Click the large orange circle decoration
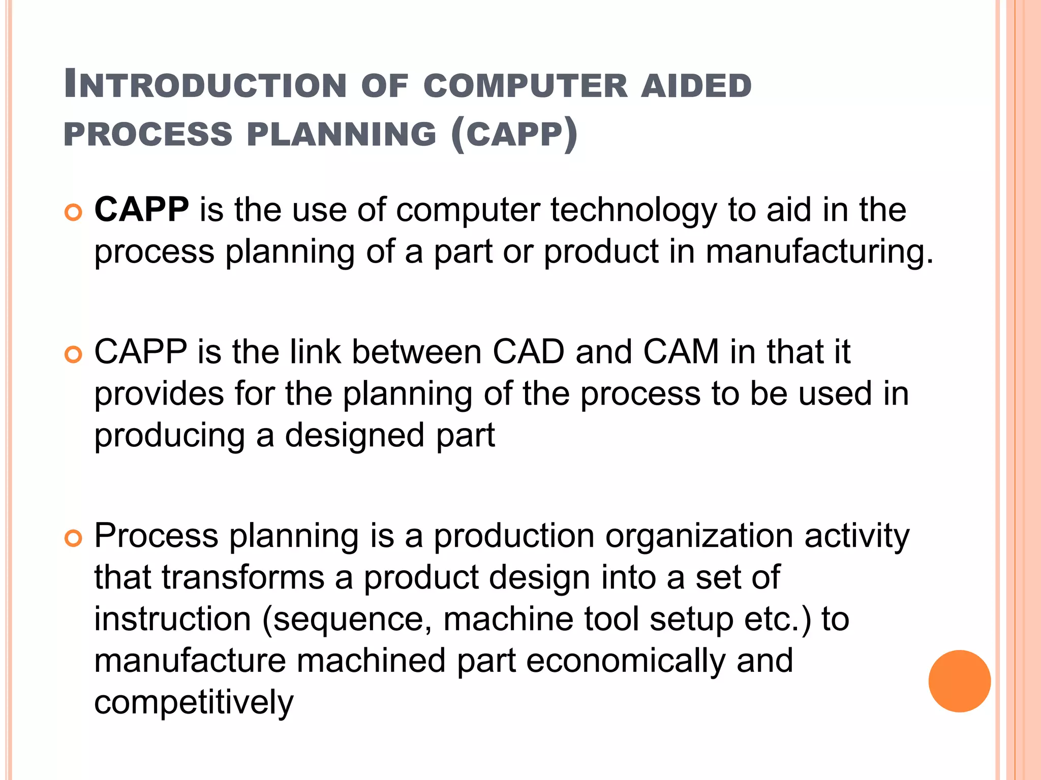click(959, 681)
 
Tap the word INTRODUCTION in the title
click(205, 85)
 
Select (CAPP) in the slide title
click(514, 134)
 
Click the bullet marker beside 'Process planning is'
click(74, 538)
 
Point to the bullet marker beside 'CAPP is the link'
click(74, 355)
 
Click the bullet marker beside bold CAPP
click(74, 213)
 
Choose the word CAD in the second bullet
click(528, 351)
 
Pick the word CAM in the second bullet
click(681, 351)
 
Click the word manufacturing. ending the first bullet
click(819, 252)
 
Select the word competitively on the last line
click(194, 703)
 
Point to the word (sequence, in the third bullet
click(347, 620)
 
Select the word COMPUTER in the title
click(526, 85)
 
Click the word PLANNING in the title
click(342, 134)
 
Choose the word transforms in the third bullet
click(243, 578)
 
